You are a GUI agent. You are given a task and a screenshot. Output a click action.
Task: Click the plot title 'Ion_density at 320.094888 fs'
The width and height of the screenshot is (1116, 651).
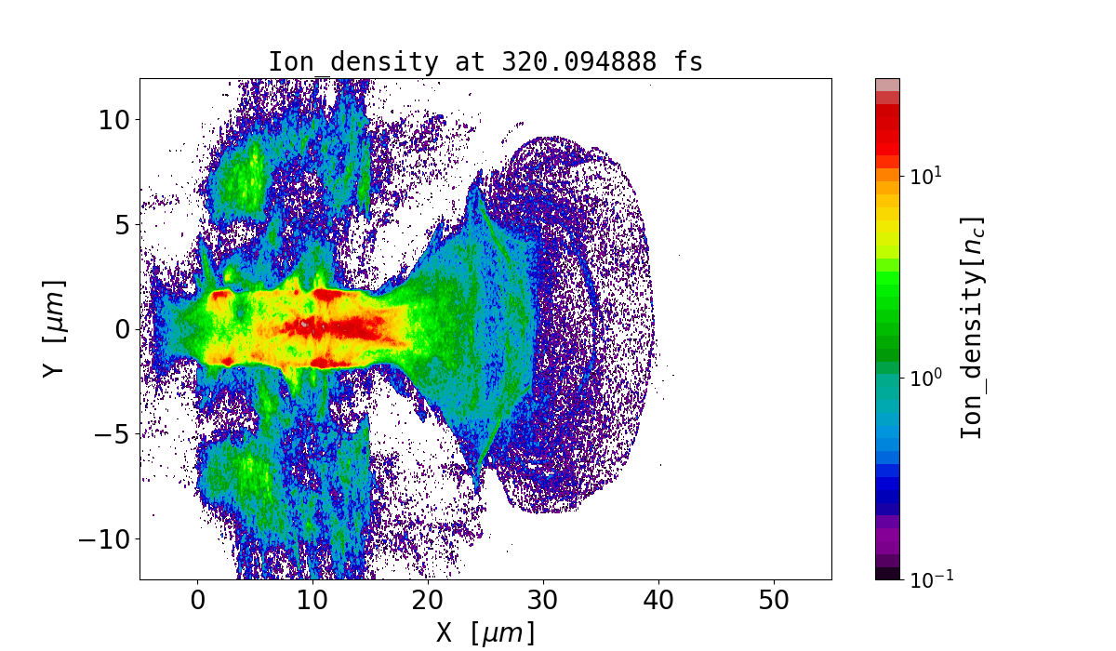click(x=485, y=62)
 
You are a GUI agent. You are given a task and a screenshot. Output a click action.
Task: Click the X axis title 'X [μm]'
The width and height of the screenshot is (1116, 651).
click(x=485, y=633)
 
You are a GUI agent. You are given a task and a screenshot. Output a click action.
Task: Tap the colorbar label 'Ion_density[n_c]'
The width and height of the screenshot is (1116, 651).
click(x=972, y=327)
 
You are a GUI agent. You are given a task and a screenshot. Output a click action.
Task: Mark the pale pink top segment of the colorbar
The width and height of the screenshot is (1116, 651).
click(x=887, y=85)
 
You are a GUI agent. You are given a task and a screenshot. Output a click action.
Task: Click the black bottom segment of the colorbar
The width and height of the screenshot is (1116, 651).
click(x=887, y=573)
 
